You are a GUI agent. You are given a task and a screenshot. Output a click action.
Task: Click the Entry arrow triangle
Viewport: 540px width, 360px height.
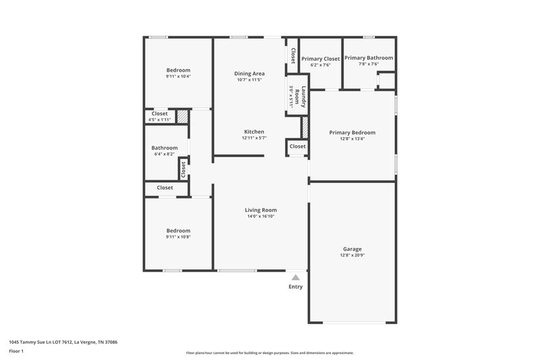[x=295, y=276]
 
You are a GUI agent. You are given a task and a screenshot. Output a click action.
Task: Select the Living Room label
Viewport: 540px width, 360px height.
[x=261, y=210]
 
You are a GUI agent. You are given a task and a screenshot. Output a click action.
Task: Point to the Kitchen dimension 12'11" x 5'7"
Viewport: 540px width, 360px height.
[x=254, y=138]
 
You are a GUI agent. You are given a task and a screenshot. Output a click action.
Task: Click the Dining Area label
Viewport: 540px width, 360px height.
[x=249, y=73]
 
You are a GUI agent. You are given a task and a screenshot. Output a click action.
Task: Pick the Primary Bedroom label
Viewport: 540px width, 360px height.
[x=352, y=132]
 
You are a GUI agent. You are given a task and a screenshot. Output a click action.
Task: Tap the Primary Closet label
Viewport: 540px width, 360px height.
[x=321, y=59]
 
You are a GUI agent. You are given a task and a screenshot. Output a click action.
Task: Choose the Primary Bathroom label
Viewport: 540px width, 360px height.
[x=369, y=58]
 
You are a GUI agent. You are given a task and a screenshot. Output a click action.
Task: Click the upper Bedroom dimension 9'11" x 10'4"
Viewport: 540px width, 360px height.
[x=178, y=76]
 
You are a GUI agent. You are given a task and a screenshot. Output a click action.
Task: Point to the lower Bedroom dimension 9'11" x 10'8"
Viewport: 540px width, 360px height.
[x=178, y=236]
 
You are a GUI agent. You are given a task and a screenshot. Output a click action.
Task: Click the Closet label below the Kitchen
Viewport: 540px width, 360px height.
[x=297, y=147]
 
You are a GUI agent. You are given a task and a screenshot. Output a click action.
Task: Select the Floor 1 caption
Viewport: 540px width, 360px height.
[x=17, y=352]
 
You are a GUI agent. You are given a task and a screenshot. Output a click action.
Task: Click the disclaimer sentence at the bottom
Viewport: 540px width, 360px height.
[x=269, y=353]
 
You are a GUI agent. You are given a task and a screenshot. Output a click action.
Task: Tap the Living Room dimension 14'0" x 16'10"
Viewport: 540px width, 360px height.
[x=261, y=216]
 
